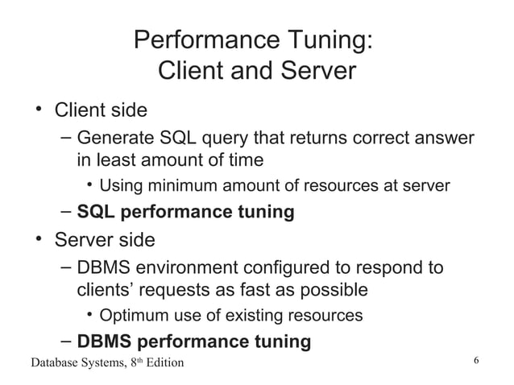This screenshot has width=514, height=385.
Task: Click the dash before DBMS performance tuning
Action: point(67,342)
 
